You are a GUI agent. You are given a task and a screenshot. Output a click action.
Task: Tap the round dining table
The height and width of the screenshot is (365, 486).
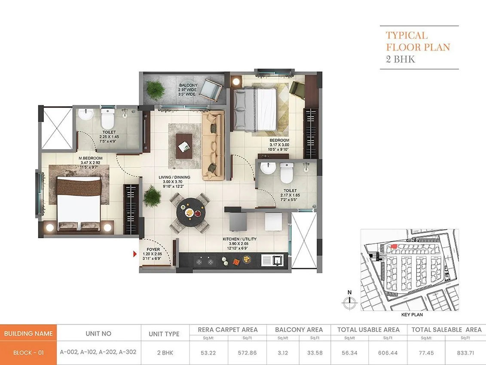(x=190, y=212)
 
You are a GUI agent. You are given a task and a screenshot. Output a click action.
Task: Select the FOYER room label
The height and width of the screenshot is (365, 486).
(x=153, y=249)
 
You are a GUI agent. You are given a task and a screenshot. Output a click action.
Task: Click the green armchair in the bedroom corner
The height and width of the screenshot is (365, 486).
(x=296, y=89)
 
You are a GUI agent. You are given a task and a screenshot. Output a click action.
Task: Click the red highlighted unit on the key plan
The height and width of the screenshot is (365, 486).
(x=393, y=247)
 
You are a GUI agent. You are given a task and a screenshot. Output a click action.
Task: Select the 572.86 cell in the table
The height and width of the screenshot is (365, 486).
(x=247, y=352)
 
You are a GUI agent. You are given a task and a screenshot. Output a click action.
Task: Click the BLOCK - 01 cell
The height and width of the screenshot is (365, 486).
(x=28, y=353)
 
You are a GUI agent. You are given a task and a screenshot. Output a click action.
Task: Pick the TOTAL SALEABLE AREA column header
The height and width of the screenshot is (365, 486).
(x=446, y=329)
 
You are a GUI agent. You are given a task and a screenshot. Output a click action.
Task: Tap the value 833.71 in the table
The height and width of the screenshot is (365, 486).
(x=465, y=352)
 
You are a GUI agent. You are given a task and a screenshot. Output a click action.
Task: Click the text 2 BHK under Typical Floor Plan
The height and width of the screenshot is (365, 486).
(x=400, y=59)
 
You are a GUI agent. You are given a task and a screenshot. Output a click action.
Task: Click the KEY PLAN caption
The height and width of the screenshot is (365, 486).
(x=412, y=315)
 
